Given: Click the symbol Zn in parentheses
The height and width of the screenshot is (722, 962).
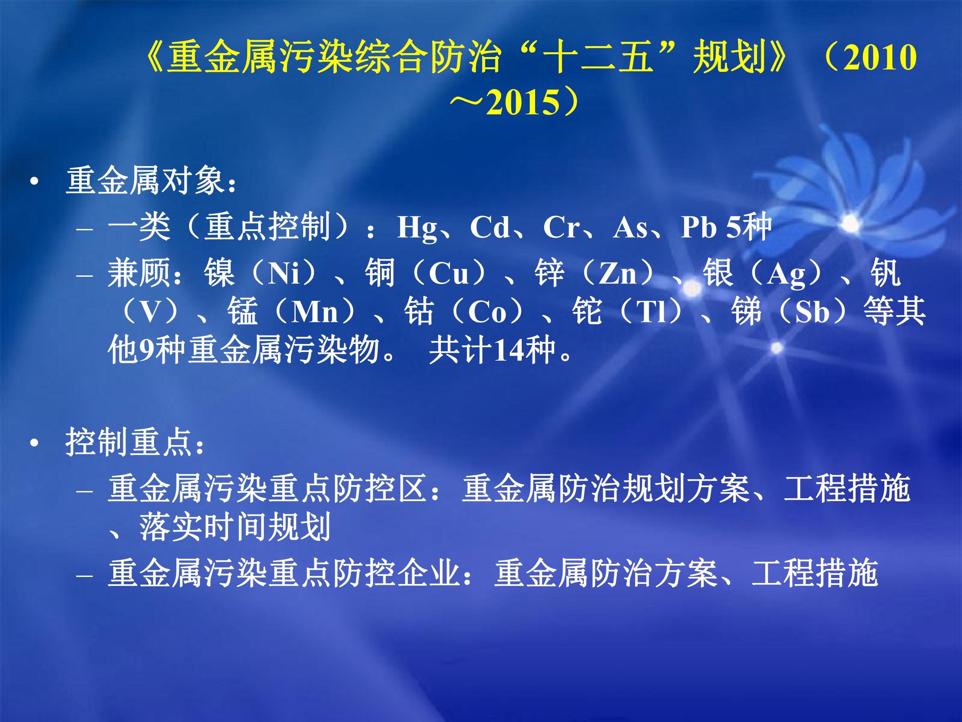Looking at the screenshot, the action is coord(618,273).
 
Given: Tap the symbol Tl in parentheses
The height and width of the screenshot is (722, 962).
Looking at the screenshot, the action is coord(651,312).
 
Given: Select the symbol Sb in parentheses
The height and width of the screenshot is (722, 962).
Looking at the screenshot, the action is coord(812,312).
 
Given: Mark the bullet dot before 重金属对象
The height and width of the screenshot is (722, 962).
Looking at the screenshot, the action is coord(34,182).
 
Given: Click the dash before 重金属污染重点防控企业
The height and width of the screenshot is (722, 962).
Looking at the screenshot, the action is coord(85,575).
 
